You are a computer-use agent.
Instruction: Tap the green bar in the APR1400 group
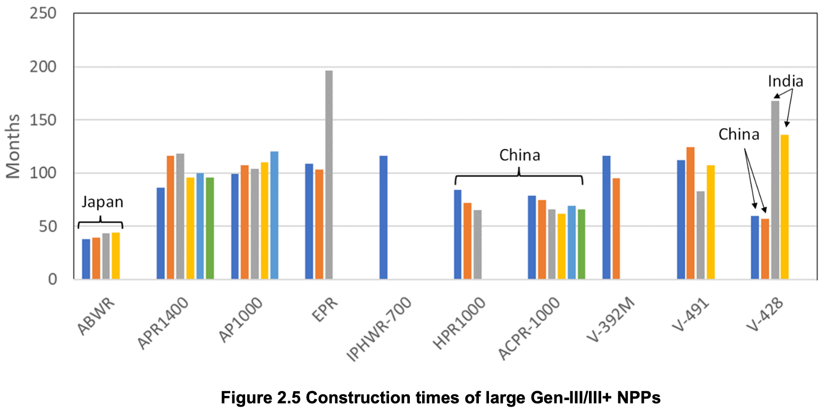pos(210,228)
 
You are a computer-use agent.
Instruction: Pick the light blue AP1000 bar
pos(274,215)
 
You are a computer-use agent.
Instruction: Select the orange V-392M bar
pos(616,228)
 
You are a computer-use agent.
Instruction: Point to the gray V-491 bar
pos(701,235)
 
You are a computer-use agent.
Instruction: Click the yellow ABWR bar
pos(116,255)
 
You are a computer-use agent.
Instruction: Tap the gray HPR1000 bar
pos(477,244)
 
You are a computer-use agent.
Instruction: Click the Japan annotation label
pos(102,202)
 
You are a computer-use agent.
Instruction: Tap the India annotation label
pos(785,81)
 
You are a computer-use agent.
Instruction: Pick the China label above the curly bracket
pos(519,155)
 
